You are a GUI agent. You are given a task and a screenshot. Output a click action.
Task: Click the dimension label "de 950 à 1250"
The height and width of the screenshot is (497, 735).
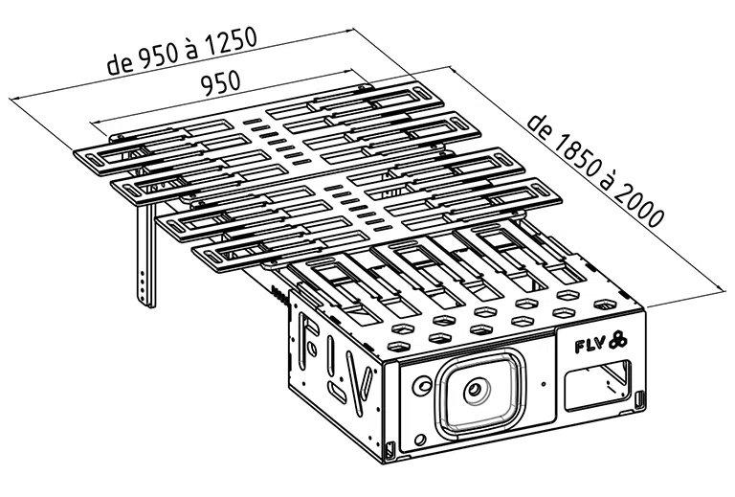(x=182, y=51)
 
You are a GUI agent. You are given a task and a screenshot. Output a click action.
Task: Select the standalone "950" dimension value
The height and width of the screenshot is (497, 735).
(x=220, y=83)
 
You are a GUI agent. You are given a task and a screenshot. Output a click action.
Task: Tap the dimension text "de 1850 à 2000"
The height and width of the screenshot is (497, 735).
(x=595, y=170)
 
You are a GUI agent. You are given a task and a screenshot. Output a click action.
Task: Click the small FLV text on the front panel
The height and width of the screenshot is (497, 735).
(x=590, y=345)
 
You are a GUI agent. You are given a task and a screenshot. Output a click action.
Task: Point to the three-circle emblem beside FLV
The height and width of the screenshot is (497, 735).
(x=618, y=340)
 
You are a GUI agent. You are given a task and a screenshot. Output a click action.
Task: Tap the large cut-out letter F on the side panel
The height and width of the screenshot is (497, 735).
(x=307, y=339)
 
